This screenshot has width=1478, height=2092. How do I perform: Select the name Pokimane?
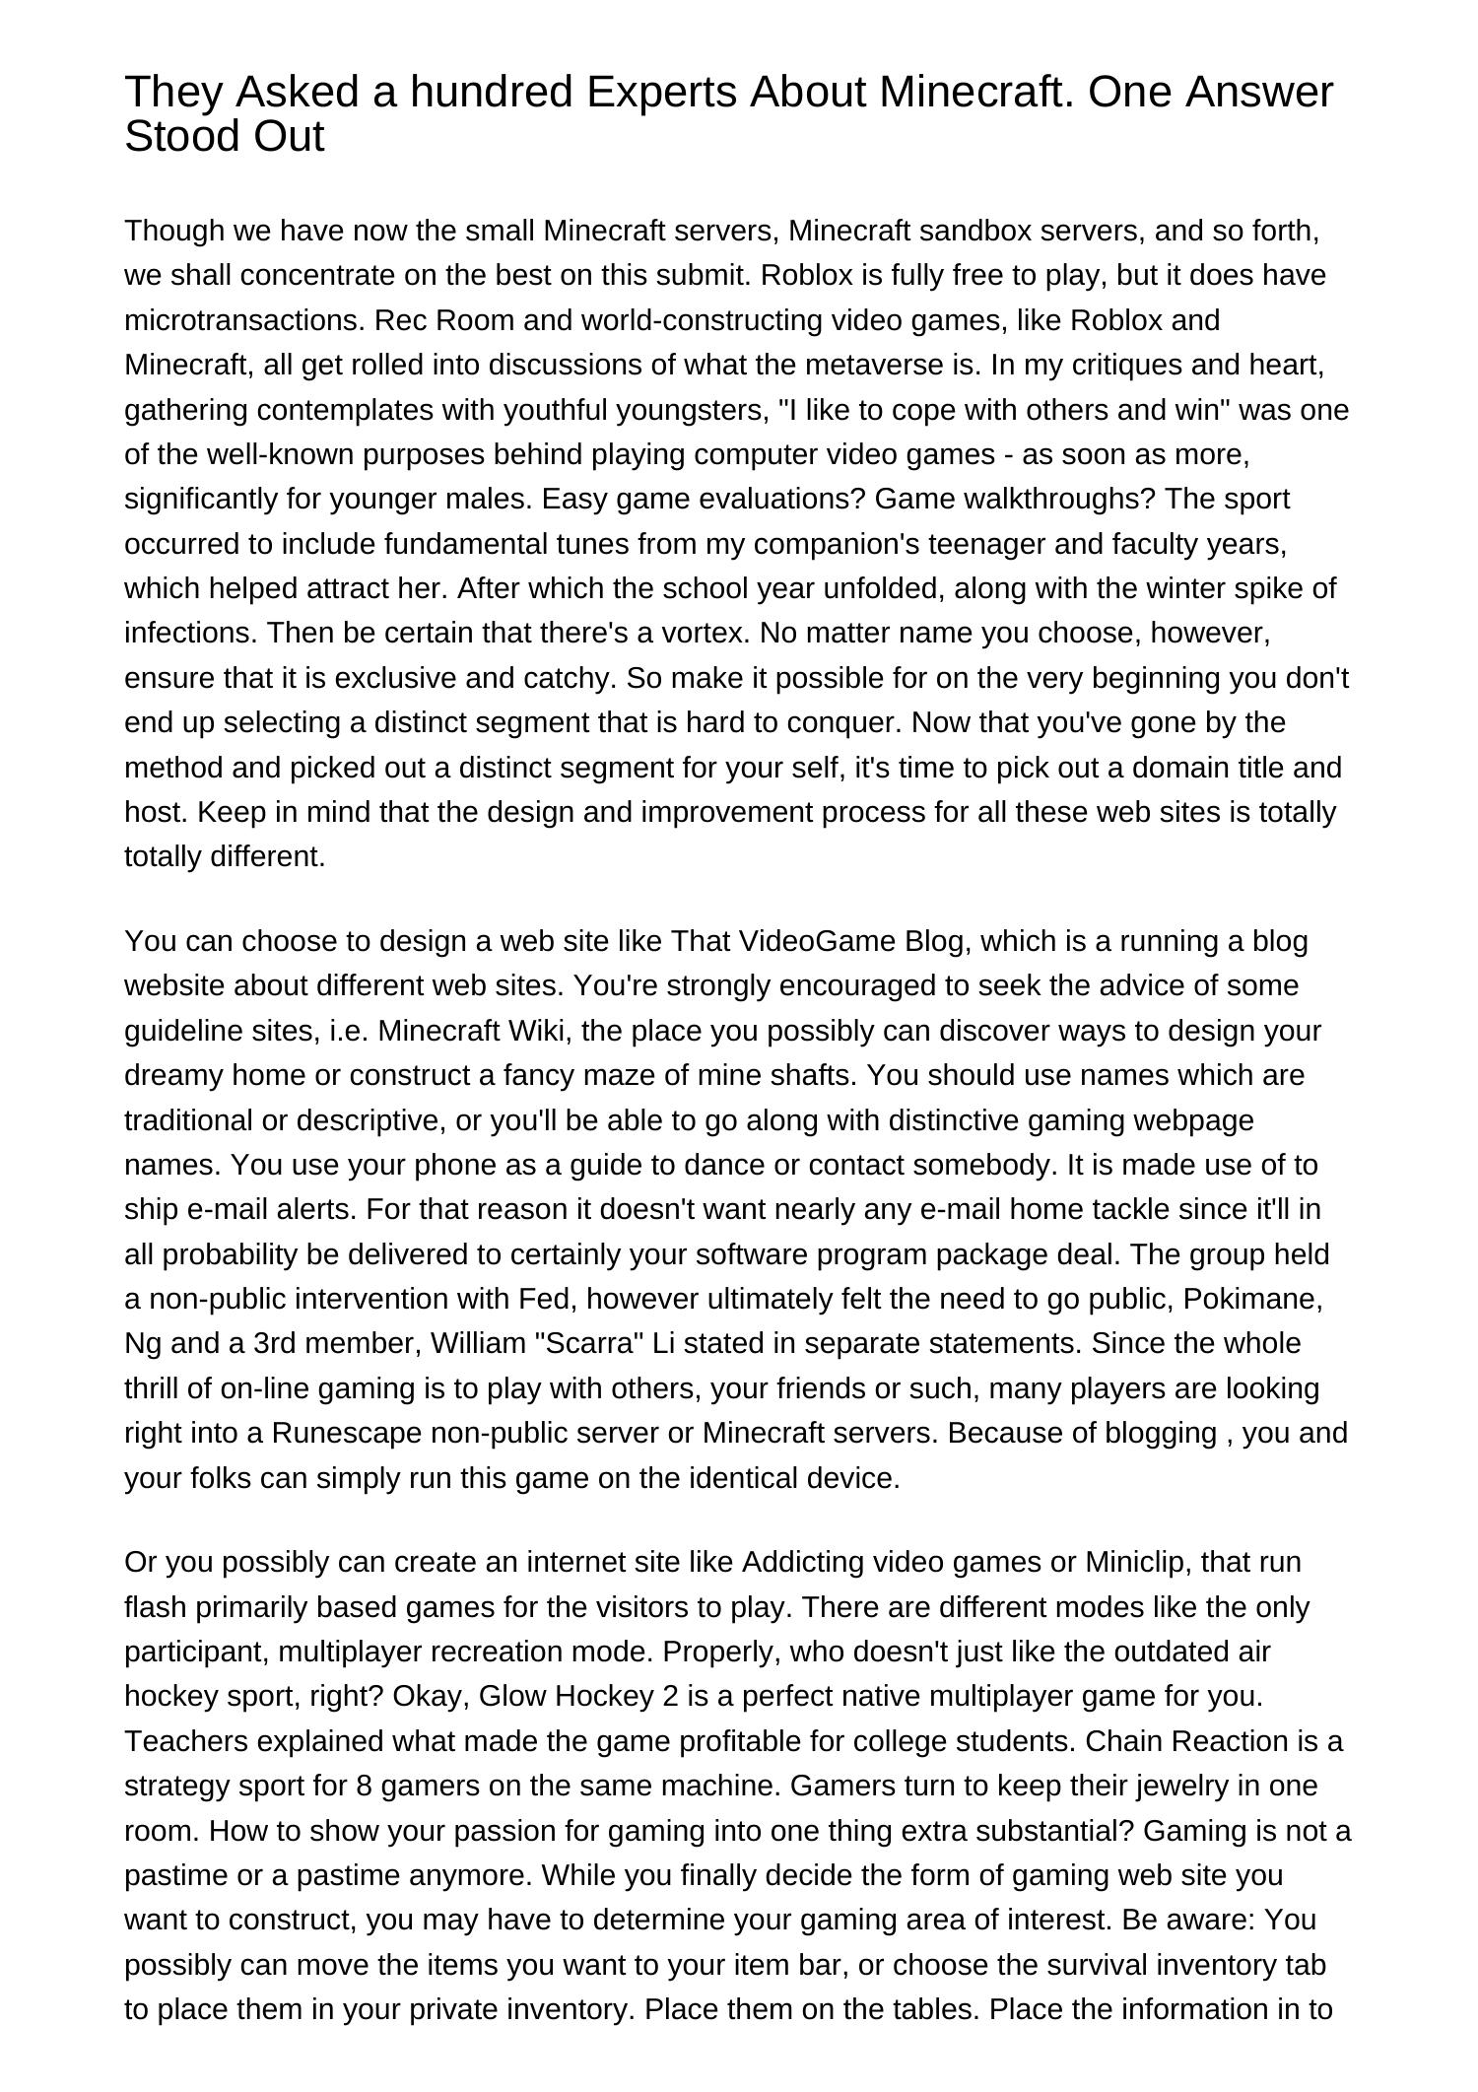tap(1251, 1299)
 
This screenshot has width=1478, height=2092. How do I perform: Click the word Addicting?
tap(800, 1563)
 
